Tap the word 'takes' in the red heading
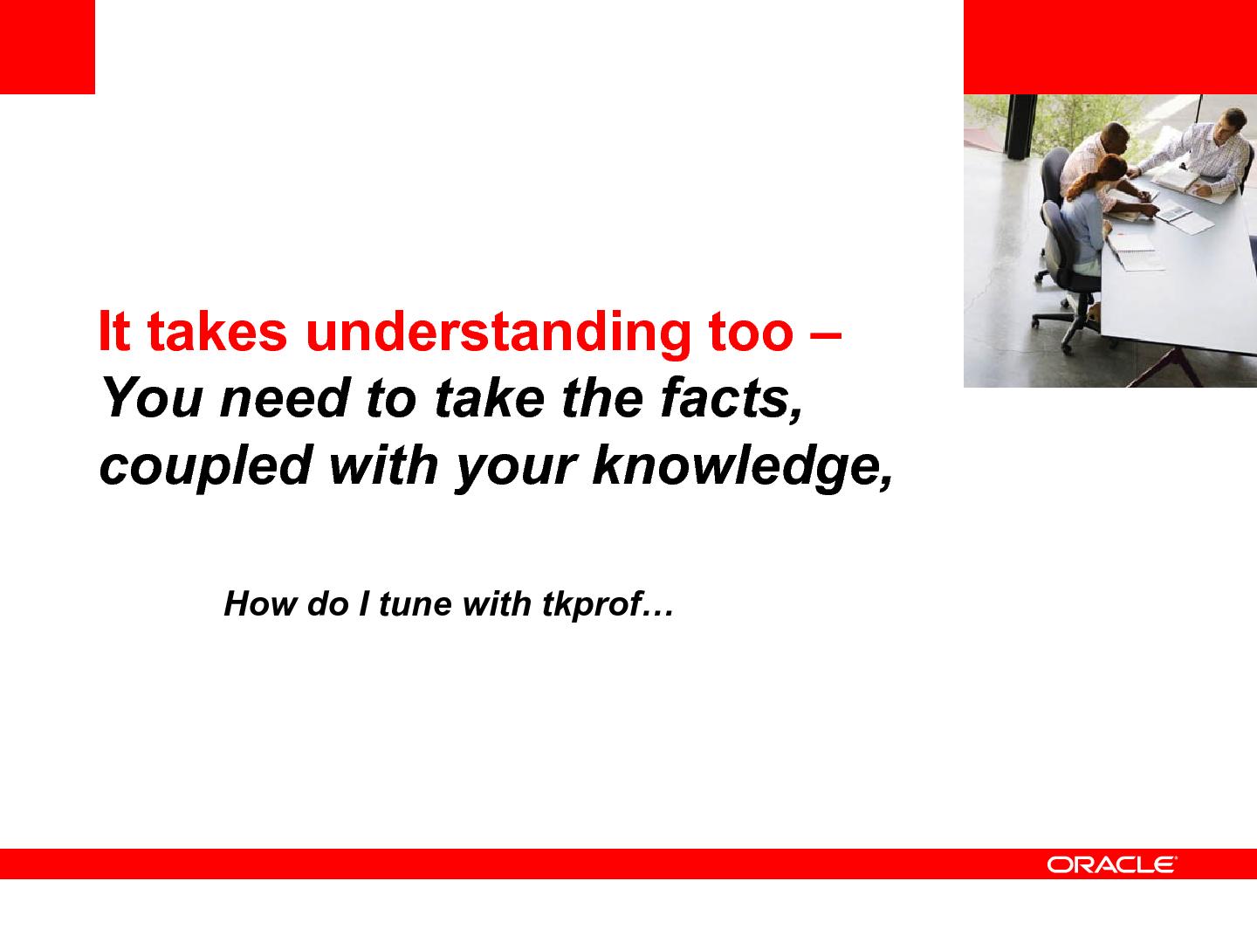point(217,331)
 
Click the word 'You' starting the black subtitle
point(153,398)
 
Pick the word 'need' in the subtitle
point(285,398)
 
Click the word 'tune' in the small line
point(415,604)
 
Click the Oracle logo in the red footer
point(1111,865)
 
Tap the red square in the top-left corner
point(47,47)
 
